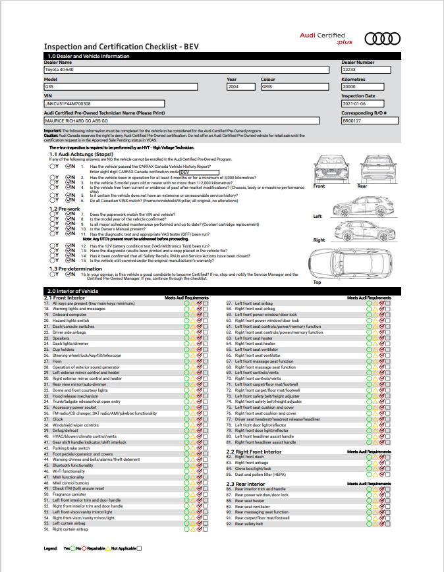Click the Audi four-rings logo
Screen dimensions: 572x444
tap(381, 39)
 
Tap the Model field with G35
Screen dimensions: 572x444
tap(120, 86)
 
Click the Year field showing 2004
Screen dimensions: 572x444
tap(242, 86)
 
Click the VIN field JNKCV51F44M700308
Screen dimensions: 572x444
tap(104, 103)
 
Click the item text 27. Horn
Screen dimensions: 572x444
tap(57, 361)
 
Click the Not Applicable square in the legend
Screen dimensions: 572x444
tap(138, 548)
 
